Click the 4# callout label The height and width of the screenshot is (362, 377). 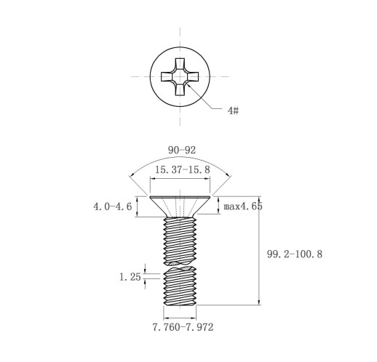pyautogui.click(x=233, y=110)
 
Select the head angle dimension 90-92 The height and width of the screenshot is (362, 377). pyautogui.click(x=182, y=150)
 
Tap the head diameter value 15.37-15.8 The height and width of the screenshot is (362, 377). pyautogui.click(x=183, y=169)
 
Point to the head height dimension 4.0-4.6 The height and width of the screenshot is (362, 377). pyautogui.click(x=113, y=206)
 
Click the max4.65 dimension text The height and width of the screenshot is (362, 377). pyautogui.click(x=243, y=206)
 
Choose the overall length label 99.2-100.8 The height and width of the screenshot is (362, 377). pyautogui.click(x=295, y=254)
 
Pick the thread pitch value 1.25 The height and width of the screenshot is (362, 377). pyautogui.click(x=130, y=277)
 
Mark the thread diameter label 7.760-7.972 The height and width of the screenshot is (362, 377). pyautogui.click(x=183, y=327)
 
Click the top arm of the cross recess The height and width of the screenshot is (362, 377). pyautogui.click(x=180, y=64)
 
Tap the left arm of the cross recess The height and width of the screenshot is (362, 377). pyautogui.click(x=167, y=76)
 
